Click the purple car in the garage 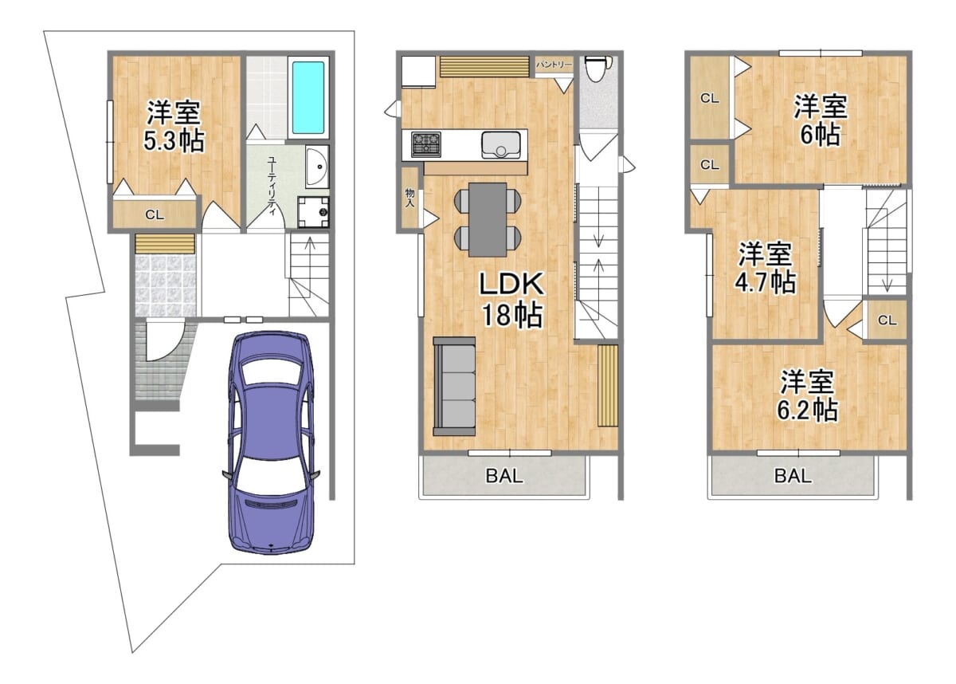pos(272,443)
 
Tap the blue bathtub pos(308,98)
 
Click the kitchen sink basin pos(501,145)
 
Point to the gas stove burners pos(426,143)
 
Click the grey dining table pos(488,219)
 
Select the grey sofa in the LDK pos(454,387)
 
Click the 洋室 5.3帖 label pos(174,126)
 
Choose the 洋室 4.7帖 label pos(765,267)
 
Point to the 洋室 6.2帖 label pos(806,395)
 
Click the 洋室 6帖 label pos(821,120)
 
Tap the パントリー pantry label pos(554,65)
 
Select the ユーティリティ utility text pos(272,187)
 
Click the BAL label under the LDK pos(504,476)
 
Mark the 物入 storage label pos(409,199)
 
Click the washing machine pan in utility pos(313,212)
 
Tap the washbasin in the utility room pos(317,167)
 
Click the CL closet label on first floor pos(155,214)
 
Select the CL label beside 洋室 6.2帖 pos(887,320)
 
